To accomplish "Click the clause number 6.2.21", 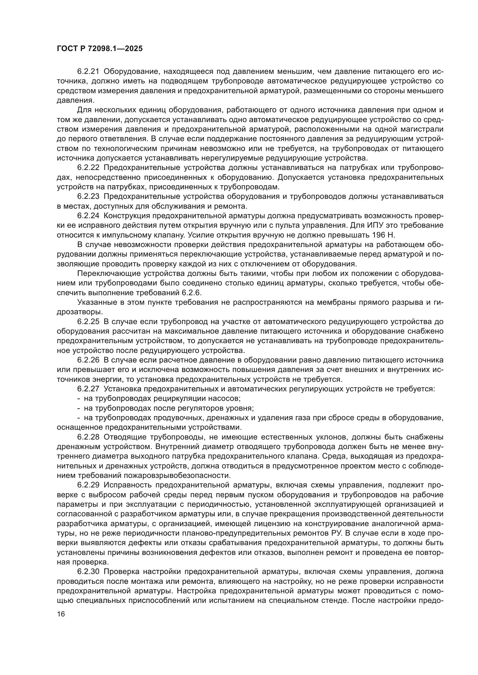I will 88,72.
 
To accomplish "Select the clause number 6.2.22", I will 88,168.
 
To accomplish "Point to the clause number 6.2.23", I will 88,197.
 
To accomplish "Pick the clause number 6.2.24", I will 88,216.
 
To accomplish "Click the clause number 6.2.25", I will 88,322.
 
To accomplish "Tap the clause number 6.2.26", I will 88,360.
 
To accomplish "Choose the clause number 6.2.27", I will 88,389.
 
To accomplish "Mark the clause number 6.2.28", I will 88,437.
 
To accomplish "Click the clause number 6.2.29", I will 88,485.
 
